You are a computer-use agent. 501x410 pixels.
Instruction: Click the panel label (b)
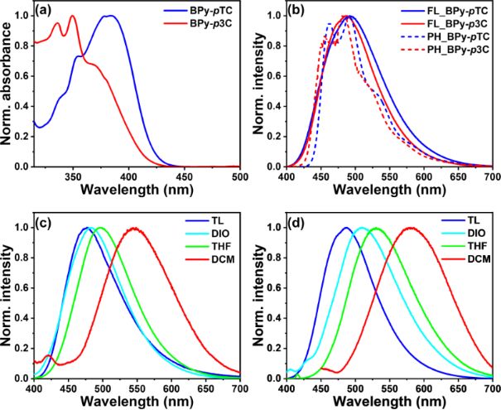(300, 14)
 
